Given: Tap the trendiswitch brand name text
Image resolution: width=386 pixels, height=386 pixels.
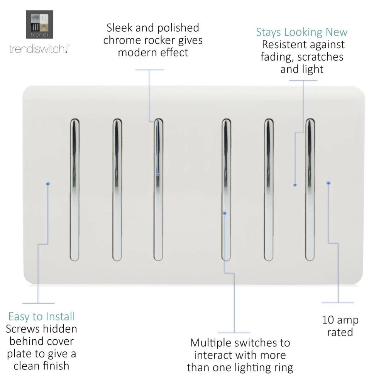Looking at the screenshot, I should click(39, 49).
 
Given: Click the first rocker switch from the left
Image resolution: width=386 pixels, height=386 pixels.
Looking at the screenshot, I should click(74, 189).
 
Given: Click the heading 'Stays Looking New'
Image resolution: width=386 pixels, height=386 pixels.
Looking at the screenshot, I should click(301, 32).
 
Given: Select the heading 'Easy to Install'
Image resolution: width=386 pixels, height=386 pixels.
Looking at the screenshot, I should click(42, 317).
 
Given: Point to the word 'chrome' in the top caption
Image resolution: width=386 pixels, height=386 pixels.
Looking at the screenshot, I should click(125, 40).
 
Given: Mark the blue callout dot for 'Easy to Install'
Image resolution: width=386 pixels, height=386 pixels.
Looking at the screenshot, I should click(47, 184).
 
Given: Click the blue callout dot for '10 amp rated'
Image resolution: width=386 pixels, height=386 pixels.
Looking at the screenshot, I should click(328, 183).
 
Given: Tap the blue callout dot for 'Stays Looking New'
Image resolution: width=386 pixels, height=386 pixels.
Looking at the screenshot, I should click(295, 185).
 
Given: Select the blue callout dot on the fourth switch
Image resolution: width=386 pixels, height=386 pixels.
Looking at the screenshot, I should click(225, 213).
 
